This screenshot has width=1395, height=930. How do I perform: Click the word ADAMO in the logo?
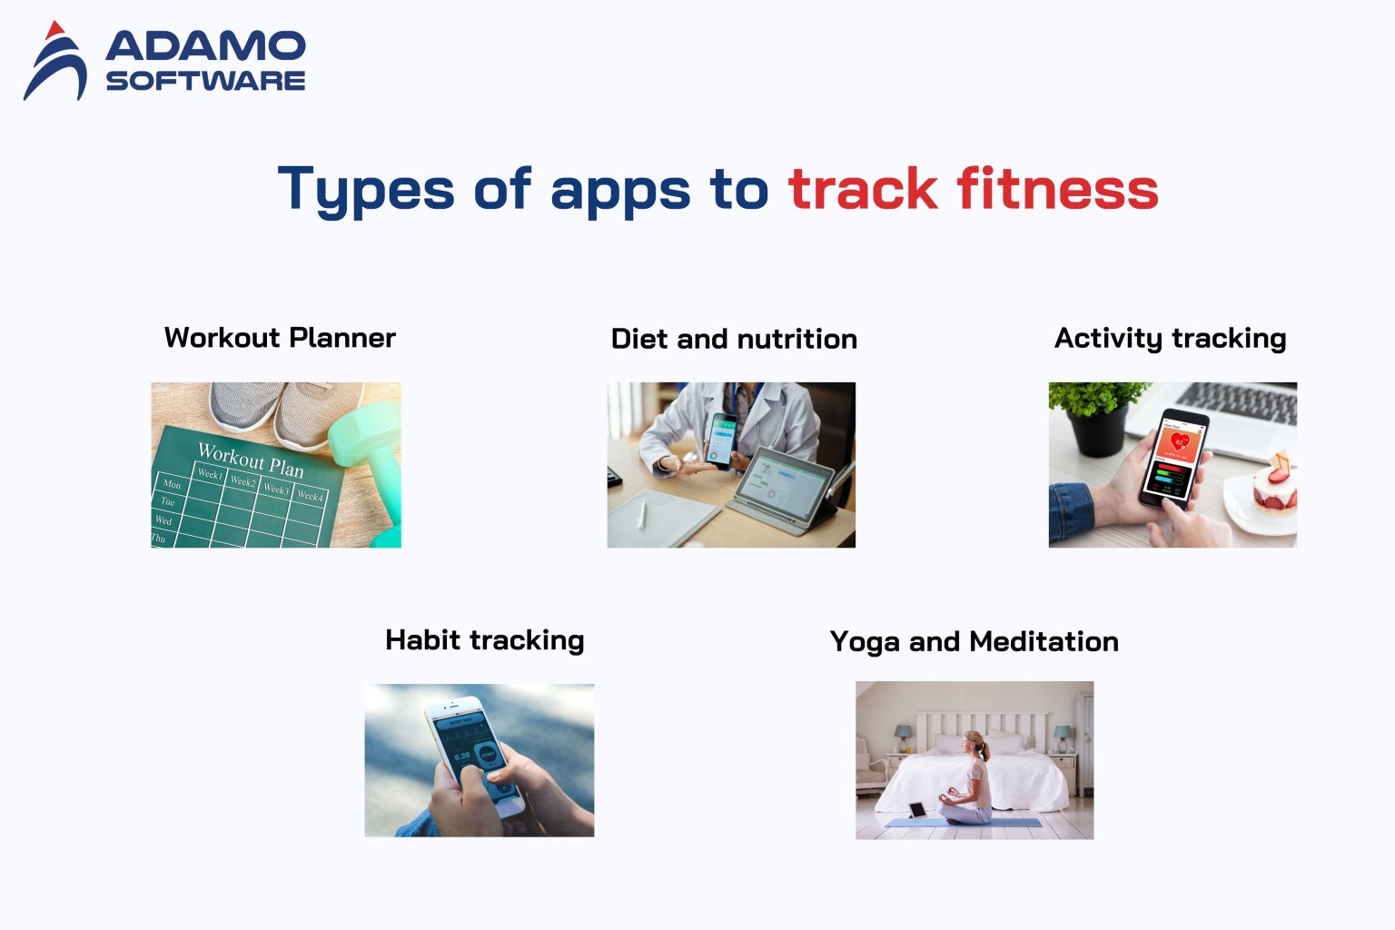[205, 46]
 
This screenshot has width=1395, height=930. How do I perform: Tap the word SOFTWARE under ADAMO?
[205, 81]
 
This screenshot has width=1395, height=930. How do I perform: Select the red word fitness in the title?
[1057, 189]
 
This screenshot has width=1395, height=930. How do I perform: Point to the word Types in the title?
[365, 189]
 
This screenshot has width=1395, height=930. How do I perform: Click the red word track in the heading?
[863, 189]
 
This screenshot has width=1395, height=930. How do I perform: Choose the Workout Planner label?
[280, 338]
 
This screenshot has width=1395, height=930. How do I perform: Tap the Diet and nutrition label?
[734, 339]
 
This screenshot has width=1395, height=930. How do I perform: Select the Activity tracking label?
[1170, 338]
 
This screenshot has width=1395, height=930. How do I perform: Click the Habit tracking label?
[484, 640]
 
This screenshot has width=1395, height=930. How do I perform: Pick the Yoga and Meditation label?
[974, 642]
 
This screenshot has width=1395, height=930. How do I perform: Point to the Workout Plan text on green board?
[251, 460]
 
